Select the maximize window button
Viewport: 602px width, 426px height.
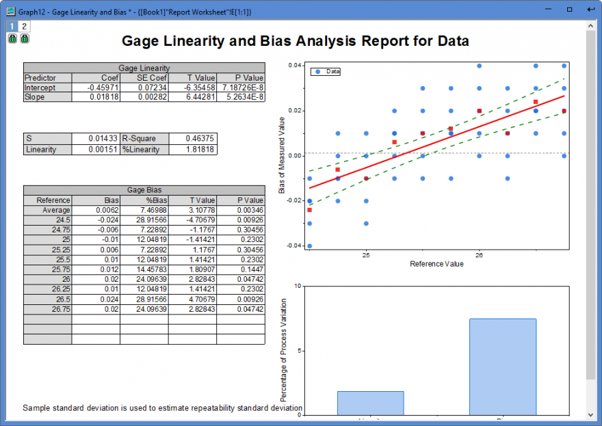569,10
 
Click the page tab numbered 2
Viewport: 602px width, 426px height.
24,27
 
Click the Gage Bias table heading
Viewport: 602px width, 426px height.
144,190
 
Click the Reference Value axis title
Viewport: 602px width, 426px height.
436,264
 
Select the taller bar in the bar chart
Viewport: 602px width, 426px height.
502,366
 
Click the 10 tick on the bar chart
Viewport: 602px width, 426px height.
296,286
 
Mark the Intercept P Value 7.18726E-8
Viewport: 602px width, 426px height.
241,88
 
